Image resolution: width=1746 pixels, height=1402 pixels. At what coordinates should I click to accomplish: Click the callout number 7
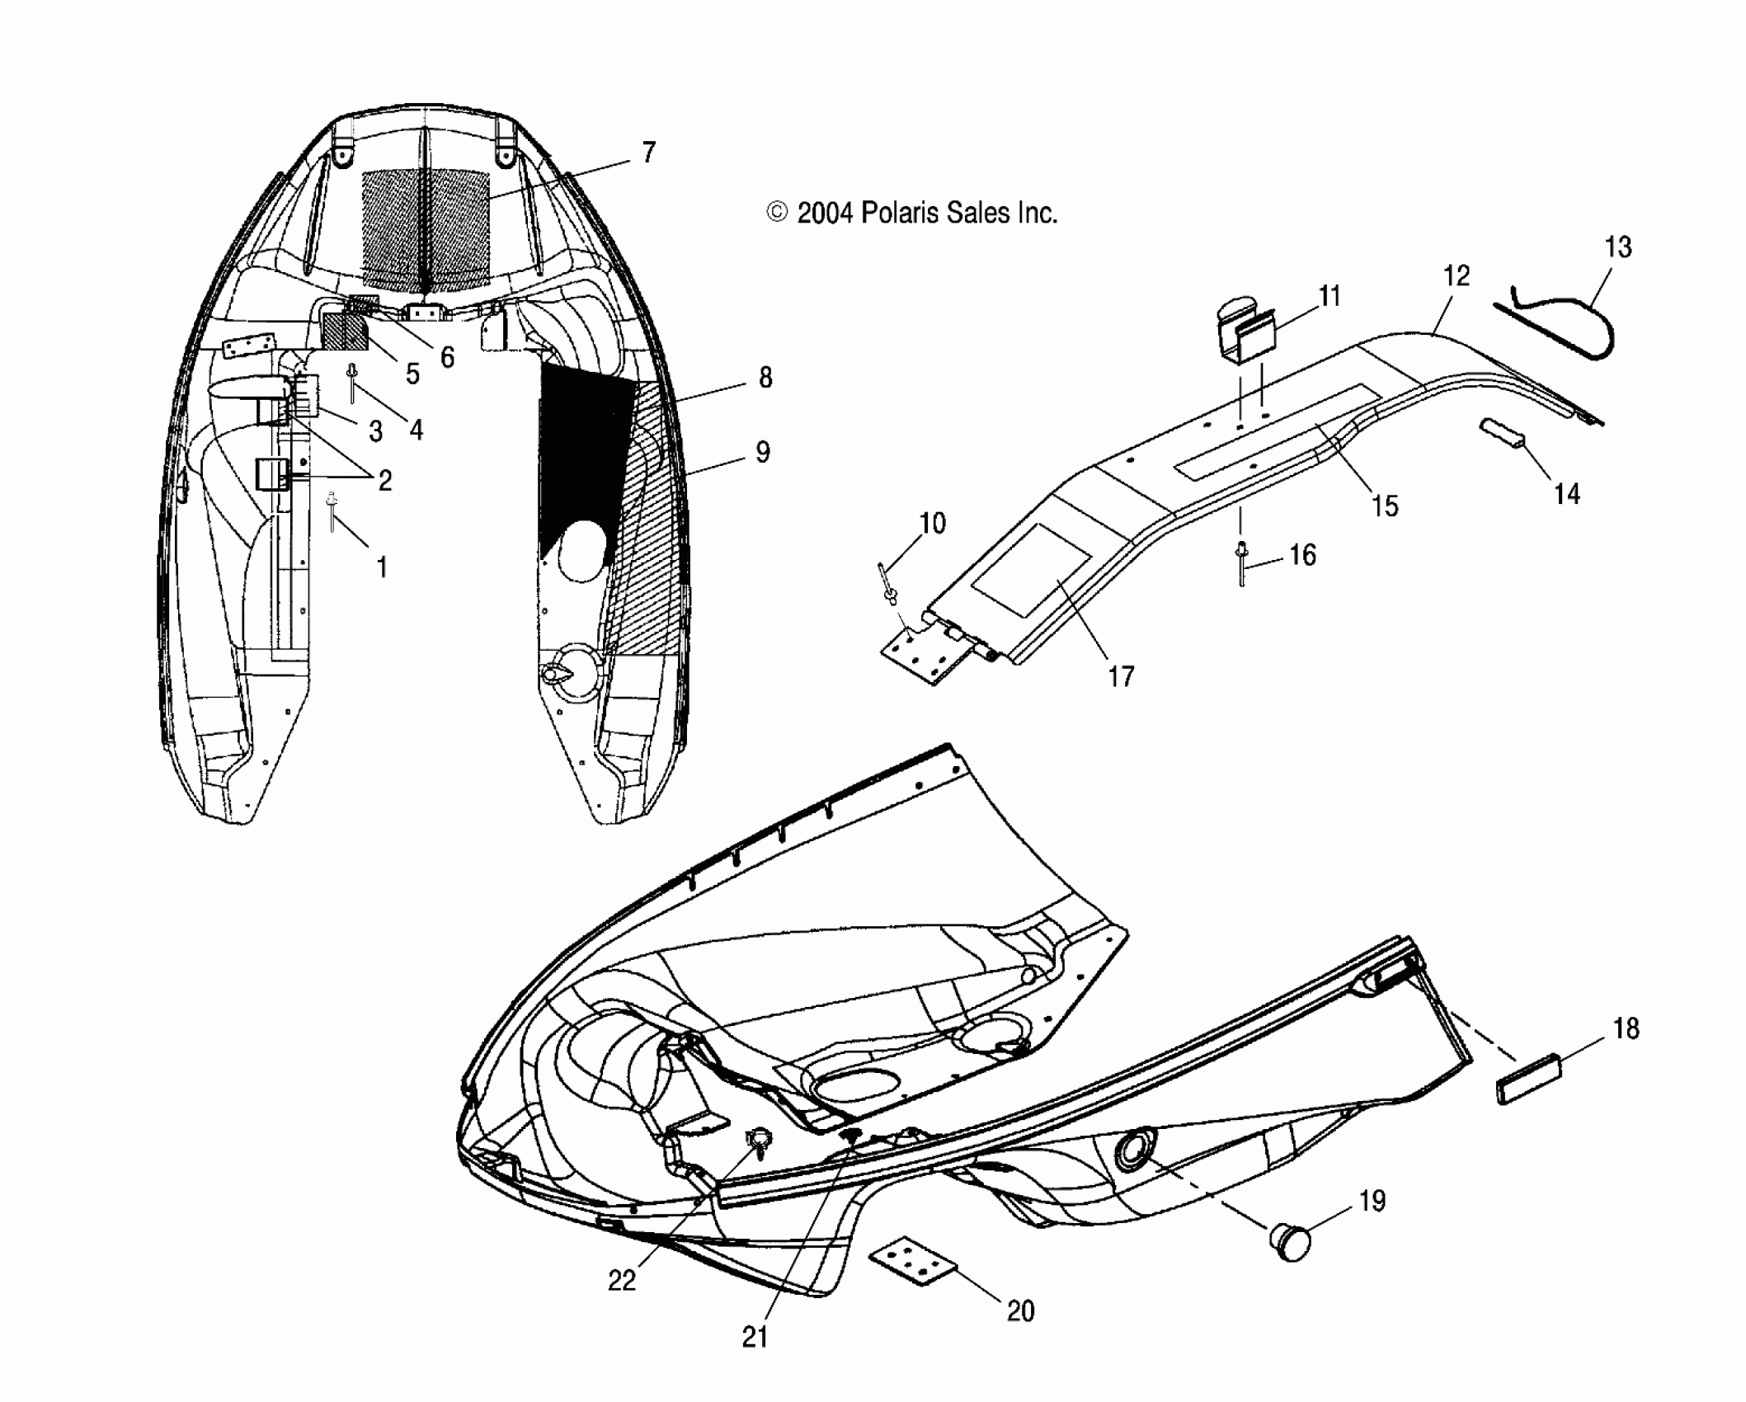[648, 153]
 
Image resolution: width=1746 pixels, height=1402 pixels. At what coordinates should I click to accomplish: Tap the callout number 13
[1618, 247]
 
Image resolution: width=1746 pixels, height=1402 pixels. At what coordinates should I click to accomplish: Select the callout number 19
[1372, 1201]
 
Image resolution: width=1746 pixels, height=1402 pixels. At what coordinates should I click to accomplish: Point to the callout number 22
[622, 1280]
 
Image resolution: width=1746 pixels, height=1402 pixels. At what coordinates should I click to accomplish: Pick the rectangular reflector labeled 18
[1524, 1080]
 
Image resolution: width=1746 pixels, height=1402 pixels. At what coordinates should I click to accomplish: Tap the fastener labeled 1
[332, 512]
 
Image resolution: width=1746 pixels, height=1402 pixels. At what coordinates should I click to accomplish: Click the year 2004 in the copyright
[826, 214]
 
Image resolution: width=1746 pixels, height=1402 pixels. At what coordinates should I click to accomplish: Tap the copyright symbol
[777, 214]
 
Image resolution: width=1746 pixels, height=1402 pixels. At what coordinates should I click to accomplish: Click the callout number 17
[1121, 676]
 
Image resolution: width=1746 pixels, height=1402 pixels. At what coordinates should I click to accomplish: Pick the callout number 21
[755, 1338]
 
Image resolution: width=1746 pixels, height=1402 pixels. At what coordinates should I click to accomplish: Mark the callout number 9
[763, 452]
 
